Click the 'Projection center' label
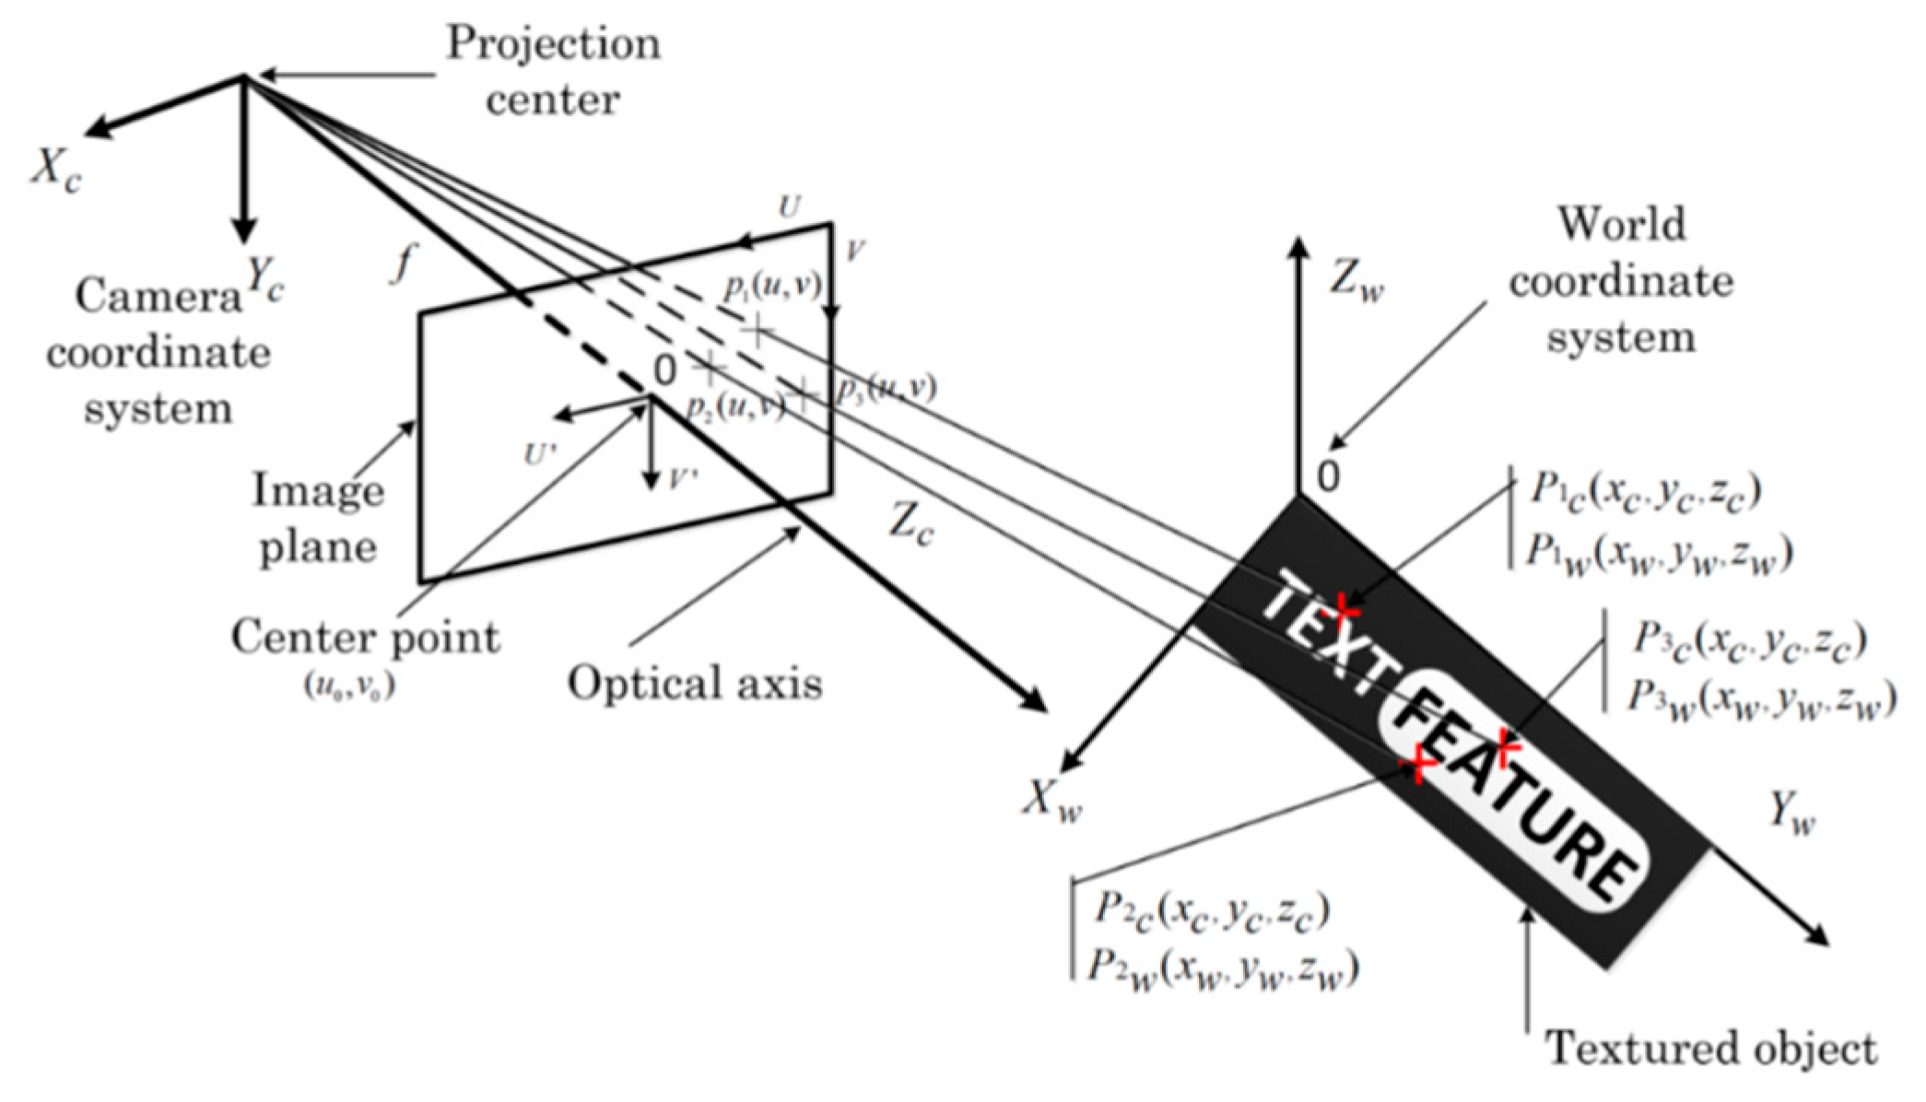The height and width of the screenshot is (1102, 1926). coord(553,71)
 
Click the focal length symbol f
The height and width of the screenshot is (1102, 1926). coord(402,264)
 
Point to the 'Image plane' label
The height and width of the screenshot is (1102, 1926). coord(318,518)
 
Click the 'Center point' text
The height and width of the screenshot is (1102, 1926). coord(365,638)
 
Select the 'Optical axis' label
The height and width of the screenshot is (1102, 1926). coord(694,684)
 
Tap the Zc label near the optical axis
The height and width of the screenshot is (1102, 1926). coord(911,525)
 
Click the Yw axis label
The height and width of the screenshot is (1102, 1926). coord(1791,814)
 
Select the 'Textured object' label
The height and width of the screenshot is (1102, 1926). coord(1710,1049)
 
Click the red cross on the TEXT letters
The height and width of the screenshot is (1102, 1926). coord(1346,608)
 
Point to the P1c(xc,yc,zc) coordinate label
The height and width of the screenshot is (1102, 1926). coord(1646,491)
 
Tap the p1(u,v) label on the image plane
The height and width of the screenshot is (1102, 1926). coord(771,287)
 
